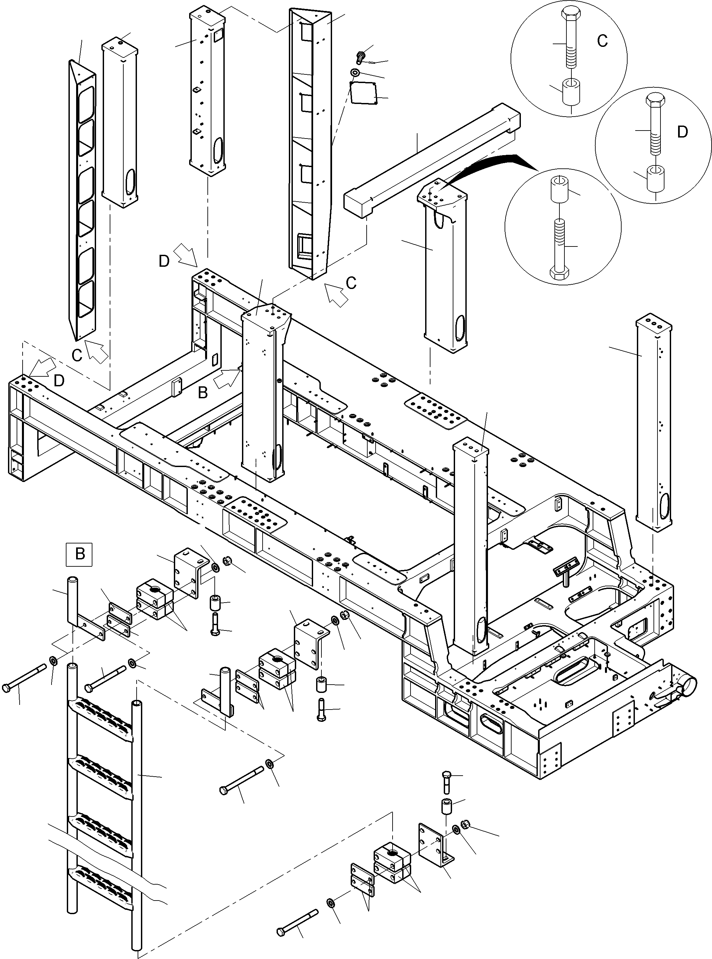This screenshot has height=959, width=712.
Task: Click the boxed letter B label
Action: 79,554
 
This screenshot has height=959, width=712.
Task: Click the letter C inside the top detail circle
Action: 602,41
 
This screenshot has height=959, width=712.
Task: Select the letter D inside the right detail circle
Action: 682,132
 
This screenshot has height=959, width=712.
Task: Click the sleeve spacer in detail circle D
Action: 655,177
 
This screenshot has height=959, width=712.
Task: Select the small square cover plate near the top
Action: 363,93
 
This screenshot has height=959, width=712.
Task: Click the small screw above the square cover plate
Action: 360,56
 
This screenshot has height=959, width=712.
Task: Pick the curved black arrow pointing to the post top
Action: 496,166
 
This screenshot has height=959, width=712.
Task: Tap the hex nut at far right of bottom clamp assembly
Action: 465,824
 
